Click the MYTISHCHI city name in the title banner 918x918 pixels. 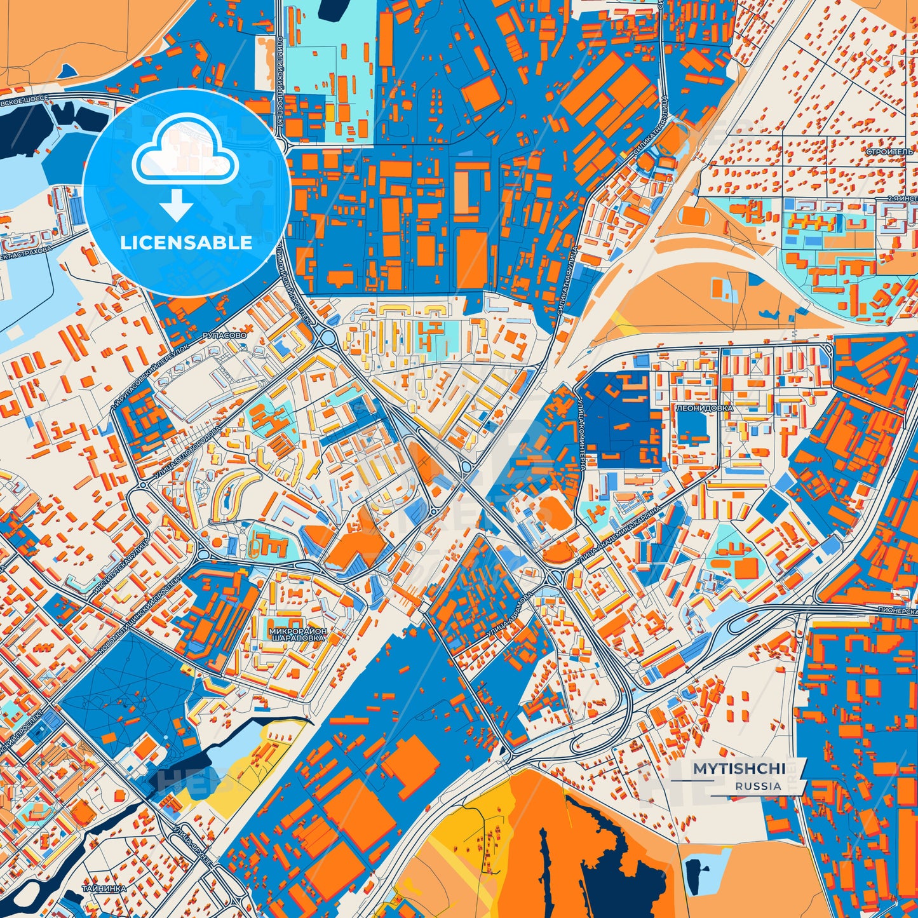tap(738, 769)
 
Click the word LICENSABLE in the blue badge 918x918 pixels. tap(187, 242)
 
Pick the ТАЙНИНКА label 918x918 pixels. tap(104, 888)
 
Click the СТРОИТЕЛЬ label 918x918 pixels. tap(889, 152)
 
